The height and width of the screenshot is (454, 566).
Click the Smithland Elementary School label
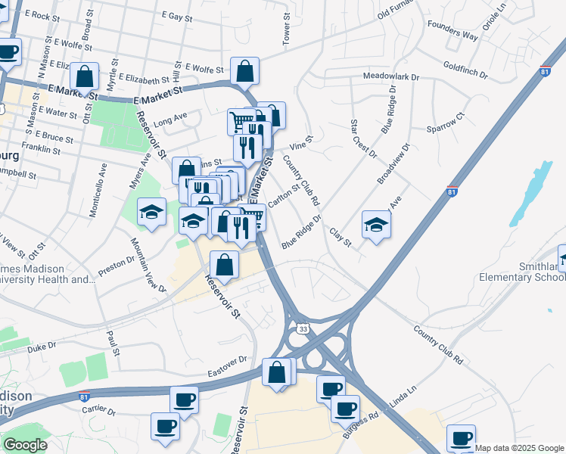(521, 271)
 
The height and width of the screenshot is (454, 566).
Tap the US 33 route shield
(303, 329)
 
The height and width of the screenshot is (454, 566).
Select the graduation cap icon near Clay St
(377, 224)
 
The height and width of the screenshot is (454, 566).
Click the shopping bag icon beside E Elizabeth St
(85, 76)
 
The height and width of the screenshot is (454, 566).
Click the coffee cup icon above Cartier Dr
(183, 399)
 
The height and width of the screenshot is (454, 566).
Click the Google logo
(25, 445)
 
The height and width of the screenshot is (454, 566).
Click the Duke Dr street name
(42, 349)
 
